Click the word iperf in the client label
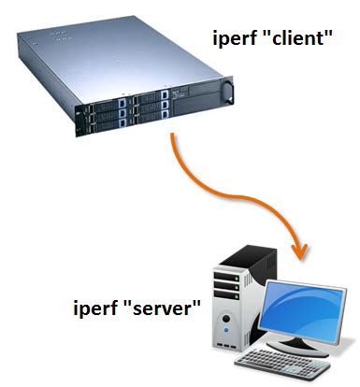234,41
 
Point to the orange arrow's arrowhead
300,251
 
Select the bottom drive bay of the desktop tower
228,297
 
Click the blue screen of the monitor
303,309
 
